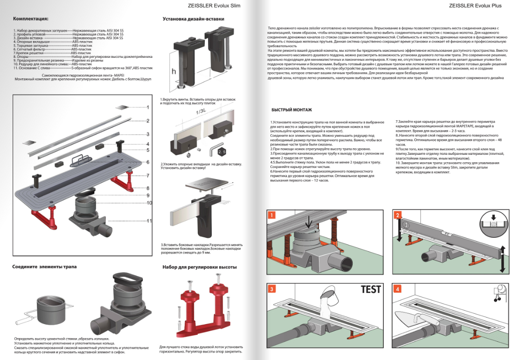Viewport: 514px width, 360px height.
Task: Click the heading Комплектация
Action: [x=30, y=19]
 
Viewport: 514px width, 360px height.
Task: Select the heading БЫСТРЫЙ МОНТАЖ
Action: [x=292, y=110]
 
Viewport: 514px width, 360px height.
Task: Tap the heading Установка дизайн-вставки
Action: [x=193, y=19]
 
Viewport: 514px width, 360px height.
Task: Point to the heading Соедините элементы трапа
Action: [x=44, y=267]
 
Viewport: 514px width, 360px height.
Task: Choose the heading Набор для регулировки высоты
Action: [x=199, y=267]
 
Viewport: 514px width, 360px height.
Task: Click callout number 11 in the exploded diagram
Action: [x=149, y=221]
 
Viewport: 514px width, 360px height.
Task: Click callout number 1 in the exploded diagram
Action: [x=148, y=107]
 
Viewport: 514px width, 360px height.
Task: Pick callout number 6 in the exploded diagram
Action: [x=147, y=162]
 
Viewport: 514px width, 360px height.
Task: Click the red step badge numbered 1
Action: [x=272, y=215]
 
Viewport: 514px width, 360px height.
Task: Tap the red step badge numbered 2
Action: [x=397, y=215]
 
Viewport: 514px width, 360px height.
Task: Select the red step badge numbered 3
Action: [x=272, y=289]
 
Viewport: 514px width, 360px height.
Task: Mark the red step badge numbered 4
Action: [x=397, y=289]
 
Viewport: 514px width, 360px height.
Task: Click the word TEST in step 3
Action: [x=371, y=289]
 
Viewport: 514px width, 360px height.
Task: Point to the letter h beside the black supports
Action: [x=174, y=72]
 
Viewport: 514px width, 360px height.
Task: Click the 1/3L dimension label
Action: [x=200, y=112]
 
